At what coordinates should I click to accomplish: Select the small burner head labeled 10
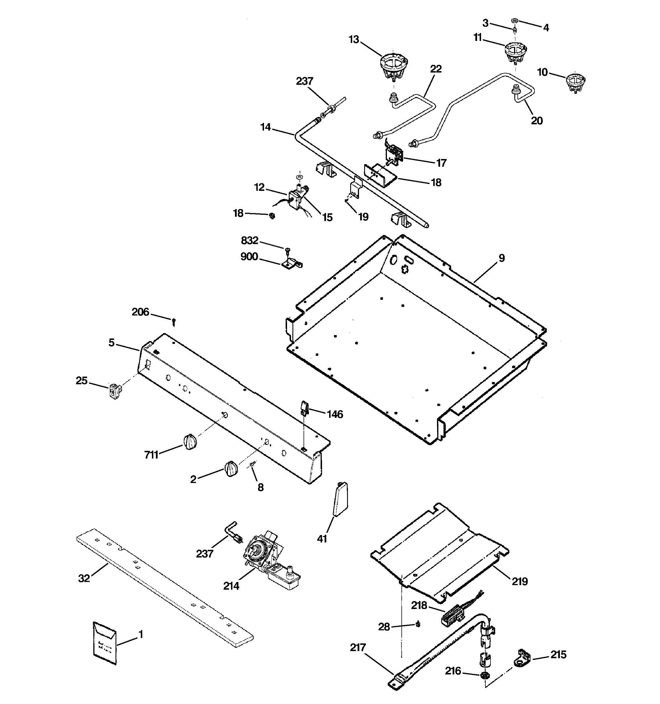click(x=575, y=82)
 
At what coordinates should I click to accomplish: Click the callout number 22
click(x=436, y=69)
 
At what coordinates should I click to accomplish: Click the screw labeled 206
click(x=174, y=321)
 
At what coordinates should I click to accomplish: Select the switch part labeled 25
click(x=114, y=391)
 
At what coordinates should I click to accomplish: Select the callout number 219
click(x=519, y=581)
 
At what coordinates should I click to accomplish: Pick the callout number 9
click(x=502, y=258)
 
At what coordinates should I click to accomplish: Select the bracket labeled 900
click(x=293, y=264)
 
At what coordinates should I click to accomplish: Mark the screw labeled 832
click(x=287, y=250)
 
